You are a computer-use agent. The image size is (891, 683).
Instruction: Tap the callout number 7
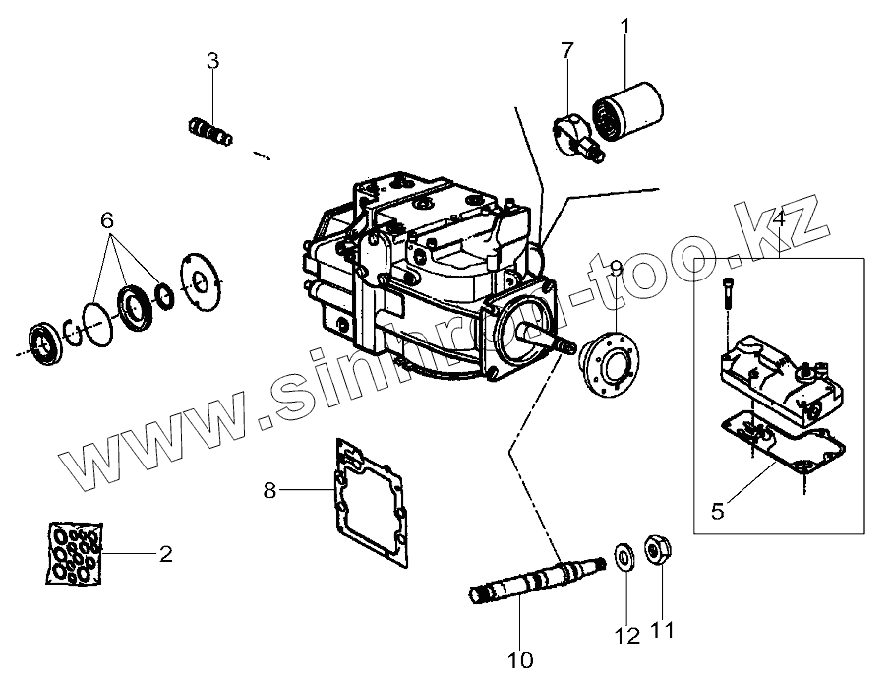(x=567, y=51)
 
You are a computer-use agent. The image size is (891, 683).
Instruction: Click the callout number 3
(x=212, y=61)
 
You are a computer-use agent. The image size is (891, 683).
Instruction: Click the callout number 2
(x=166, y=554)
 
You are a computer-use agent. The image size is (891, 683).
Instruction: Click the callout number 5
(x=717, y=510)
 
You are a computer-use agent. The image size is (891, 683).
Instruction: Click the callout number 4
(x=777, y=218)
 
